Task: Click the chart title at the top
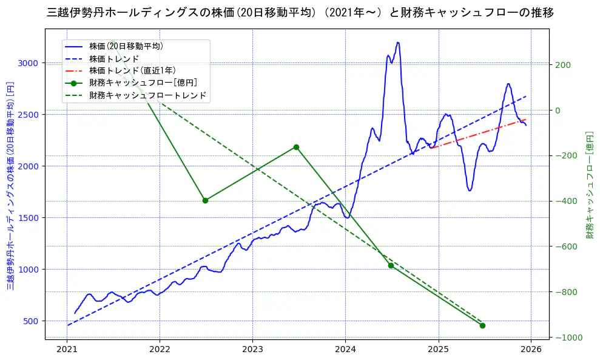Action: pos(300,12)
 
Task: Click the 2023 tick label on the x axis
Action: pos(252,350)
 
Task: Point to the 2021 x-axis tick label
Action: pos(67,350)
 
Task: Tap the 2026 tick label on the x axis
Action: pos(531,350)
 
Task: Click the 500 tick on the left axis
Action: pos(30,321)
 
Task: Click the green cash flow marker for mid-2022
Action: pos(205,200)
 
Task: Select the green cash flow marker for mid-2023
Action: pos(296,147)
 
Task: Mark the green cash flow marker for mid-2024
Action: pos(391,265)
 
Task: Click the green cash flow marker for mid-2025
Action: pos(482,325)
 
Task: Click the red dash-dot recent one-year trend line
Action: pos(479,133)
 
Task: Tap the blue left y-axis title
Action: pos(10,185)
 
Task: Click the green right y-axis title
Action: pos(589,185)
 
